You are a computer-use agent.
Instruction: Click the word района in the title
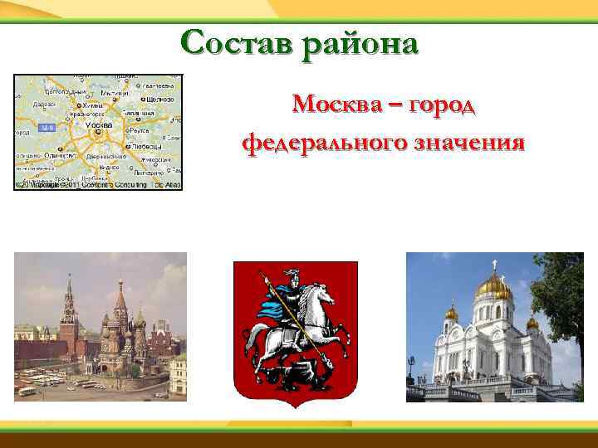360,42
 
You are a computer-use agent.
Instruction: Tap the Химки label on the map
92,106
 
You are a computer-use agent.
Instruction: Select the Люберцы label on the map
145,146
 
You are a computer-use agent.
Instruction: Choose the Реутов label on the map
139,130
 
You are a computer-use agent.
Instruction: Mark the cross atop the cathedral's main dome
493,265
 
